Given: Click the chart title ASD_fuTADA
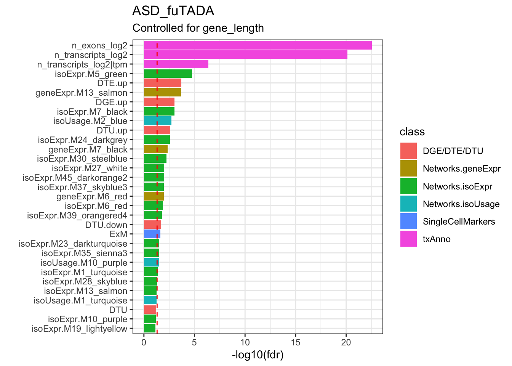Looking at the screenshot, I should point(173,11).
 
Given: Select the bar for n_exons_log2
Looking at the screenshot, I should point(258,45).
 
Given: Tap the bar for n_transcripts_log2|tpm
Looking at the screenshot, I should point(176,64).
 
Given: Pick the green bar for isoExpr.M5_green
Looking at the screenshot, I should point(168,74).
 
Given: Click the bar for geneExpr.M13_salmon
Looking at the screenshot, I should point(162,93).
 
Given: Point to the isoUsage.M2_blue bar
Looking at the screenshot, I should point(157,121).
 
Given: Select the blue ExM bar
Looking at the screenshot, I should point(152,234).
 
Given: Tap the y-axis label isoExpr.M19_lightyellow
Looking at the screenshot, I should point(79,329).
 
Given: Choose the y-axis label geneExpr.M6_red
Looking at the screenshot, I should point(92,197).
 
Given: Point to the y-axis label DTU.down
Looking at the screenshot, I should point(106,225).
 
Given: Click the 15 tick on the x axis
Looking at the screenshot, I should point(295,342).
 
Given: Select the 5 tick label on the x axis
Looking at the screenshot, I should point(194,342).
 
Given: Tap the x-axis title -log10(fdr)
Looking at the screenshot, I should point(258,355).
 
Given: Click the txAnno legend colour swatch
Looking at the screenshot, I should point(408,239).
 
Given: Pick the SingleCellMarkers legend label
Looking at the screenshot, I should point(459,222).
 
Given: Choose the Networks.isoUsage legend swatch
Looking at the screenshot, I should point(408,204).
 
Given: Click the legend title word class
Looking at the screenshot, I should point(412,132).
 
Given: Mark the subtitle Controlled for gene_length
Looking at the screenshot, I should point(198,28).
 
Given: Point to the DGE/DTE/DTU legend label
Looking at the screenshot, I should point(453,151).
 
